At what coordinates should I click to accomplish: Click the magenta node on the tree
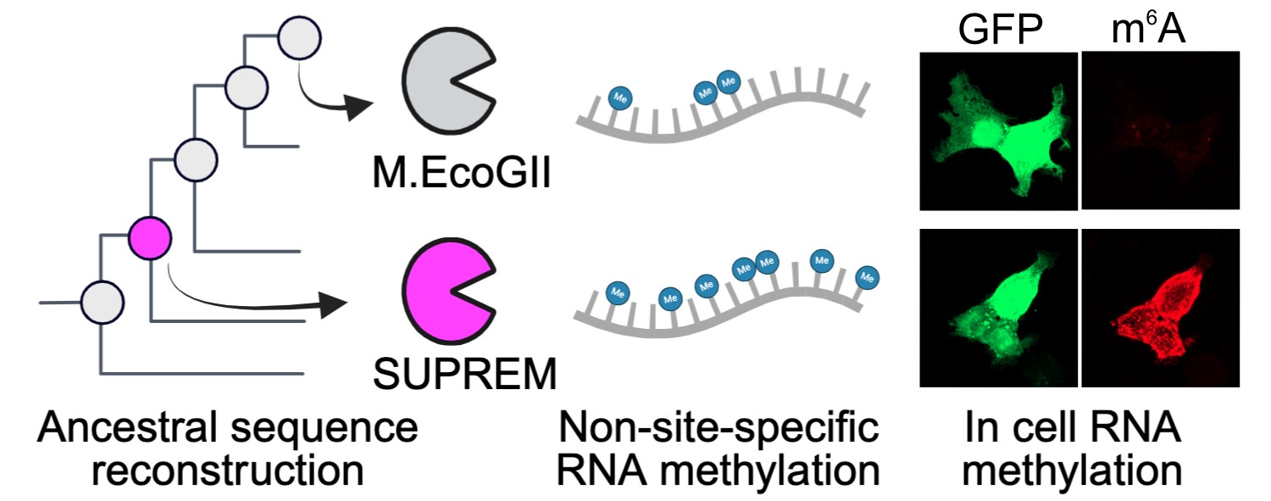[150, 237]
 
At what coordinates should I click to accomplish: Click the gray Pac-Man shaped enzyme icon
[447, 85]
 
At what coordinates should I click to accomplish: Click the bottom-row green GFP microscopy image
[998, 308]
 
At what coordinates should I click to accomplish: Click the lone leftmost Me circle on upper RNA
[619, 97]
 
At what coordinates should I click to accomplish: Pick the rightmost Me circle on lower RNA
[867, 277]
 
